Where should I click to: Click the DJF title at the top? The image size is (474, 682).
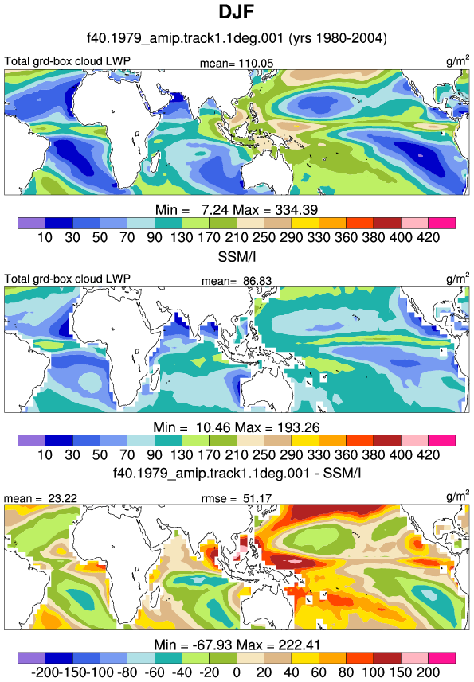237,12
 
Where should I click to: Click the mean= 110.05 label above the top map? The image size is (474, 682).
237,64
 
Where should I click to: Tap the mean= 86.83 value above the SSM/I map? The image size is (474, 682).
237,281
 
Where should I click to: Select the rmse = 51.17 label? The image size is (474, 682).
237,498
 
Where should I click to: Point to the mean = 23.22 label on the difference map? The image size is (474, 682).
41,498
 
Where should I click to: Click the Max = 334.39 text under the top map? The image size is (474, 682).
276,210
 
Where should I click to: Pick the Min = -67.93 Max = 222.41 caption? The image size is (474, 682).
237,645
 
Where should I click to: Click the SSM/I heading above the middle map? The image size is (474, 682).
237,257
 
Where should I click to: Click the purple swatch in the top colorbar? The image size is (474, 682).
31,223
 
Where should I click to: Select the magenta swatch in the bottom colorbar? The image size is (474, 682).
442,657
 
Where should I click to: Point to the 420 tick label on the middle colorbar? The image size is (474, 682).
429,455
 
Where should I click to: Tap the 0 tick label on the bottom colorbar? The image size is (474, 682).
237,672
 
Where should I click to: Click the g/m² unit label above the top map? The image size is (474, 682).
458,60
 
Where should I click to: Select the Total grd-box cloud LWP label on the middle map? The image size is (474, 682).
67,279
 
